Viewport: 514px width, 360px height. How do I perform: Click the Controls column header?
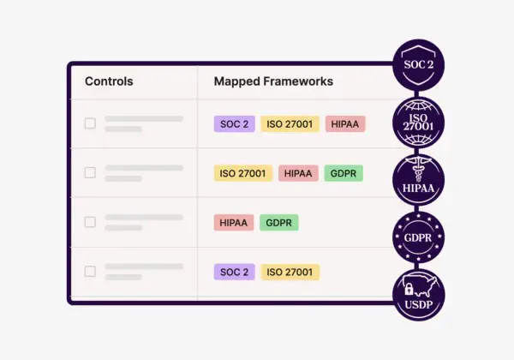109,81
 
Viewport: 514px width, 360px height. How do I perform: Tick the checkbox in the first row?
90,123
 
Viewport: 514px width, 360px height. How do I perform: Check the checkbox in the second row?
90,172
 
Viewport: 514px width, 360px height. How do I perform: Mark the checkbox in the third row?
90,222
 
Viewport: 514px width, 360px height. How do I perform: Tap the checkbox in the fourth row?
90,272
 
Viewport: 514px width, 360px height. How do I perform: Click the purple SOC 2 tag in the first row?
234,123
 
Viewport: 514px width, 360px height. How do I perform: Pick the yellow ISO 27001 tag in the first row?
290,123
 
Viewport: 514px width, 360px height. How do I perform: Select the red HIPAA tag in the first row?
345,123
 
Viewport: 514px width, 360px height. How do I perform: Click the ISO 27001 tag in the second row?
242,173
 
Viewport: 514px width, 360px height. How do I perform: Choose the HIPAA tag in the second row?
298,173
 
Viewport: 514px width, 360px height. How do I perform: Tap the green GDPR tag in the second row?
344,173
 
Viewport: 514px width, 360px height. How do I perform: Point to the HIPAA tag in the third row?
233,223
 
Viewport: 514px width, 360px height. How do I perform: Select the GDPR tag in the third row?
279,223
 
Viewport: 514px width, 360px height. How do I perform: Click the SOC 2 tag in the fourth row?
234,272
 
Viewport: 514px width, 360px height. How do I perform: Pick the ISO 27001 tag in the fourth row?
290,272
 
